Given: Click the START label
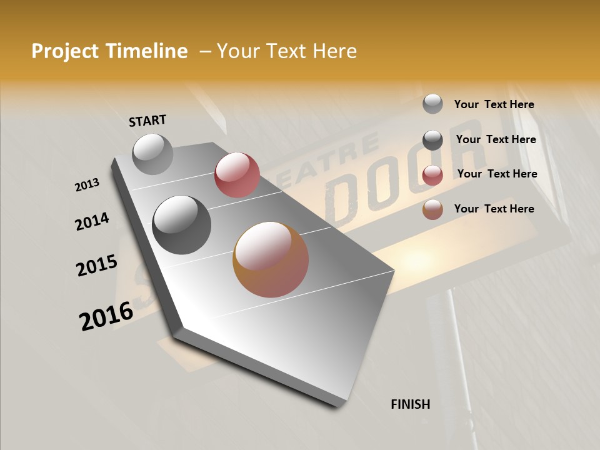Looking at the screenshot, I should [x=147, y=120].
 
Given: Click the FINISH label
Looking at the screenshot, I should [x=411, y=404].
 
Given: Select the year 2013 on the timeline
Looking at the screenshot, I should [x=87, y=185].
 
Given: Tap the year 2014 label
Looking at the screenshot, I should [x=92, y=221].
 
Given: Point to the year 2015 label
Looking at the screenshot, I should [x=97, y=266].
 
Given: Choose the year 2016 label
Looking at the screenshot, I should [x=106, y=316].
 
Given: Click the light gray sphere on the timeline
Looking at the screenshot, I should [x=153, y=154].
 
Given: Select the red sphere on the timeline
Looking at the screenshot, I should [x=237, y=174].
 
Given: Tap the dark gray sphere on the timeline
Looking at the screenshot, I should [x=182, y=225].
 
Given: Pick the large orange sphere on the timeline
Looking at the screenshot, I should [x=271, y=259].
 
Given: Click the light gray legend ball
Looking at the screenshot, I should [x=432, y=104].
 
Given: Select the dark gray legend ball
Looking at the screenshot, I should [x=432, y=140].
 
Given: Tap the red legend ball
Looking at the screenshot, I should [x=432, y=175].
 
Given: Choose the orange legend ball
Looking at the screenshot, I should [x=432, y=209].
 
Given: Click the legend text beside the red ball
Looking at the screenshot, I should [x=497, y=174].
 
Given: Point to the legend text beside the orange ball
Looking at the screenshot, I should [x=494, y=209].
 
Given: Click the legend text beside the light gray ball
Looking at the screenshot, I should [x=494, y=104].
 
